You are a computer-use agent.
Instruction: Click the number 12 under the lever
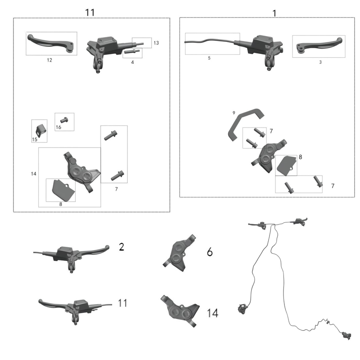(49, 60)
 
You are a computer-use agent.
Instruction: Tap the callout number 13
(156, 43)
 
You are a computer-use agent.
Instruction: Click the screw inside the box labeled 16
(63, 120)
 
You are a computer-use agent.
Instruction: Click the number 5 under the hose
(209, 58)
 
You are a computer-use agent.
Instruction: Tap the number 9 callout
(234, 112)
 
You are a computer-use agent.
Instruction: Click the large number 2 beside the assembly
(121, 247)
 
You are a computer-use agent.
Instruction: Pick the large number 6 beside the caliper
(210, 252)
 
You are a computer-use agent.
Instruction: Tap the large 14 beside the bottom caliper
(212, 313)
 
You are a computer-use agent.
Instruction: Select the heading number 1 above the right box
(274, 13)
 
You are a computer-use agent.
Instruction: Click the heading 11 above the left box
(90, 12)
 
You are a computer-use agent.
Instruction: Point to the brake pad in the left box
(61, 189)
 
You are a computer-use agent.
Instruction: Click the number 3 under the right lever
(320, 62)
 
